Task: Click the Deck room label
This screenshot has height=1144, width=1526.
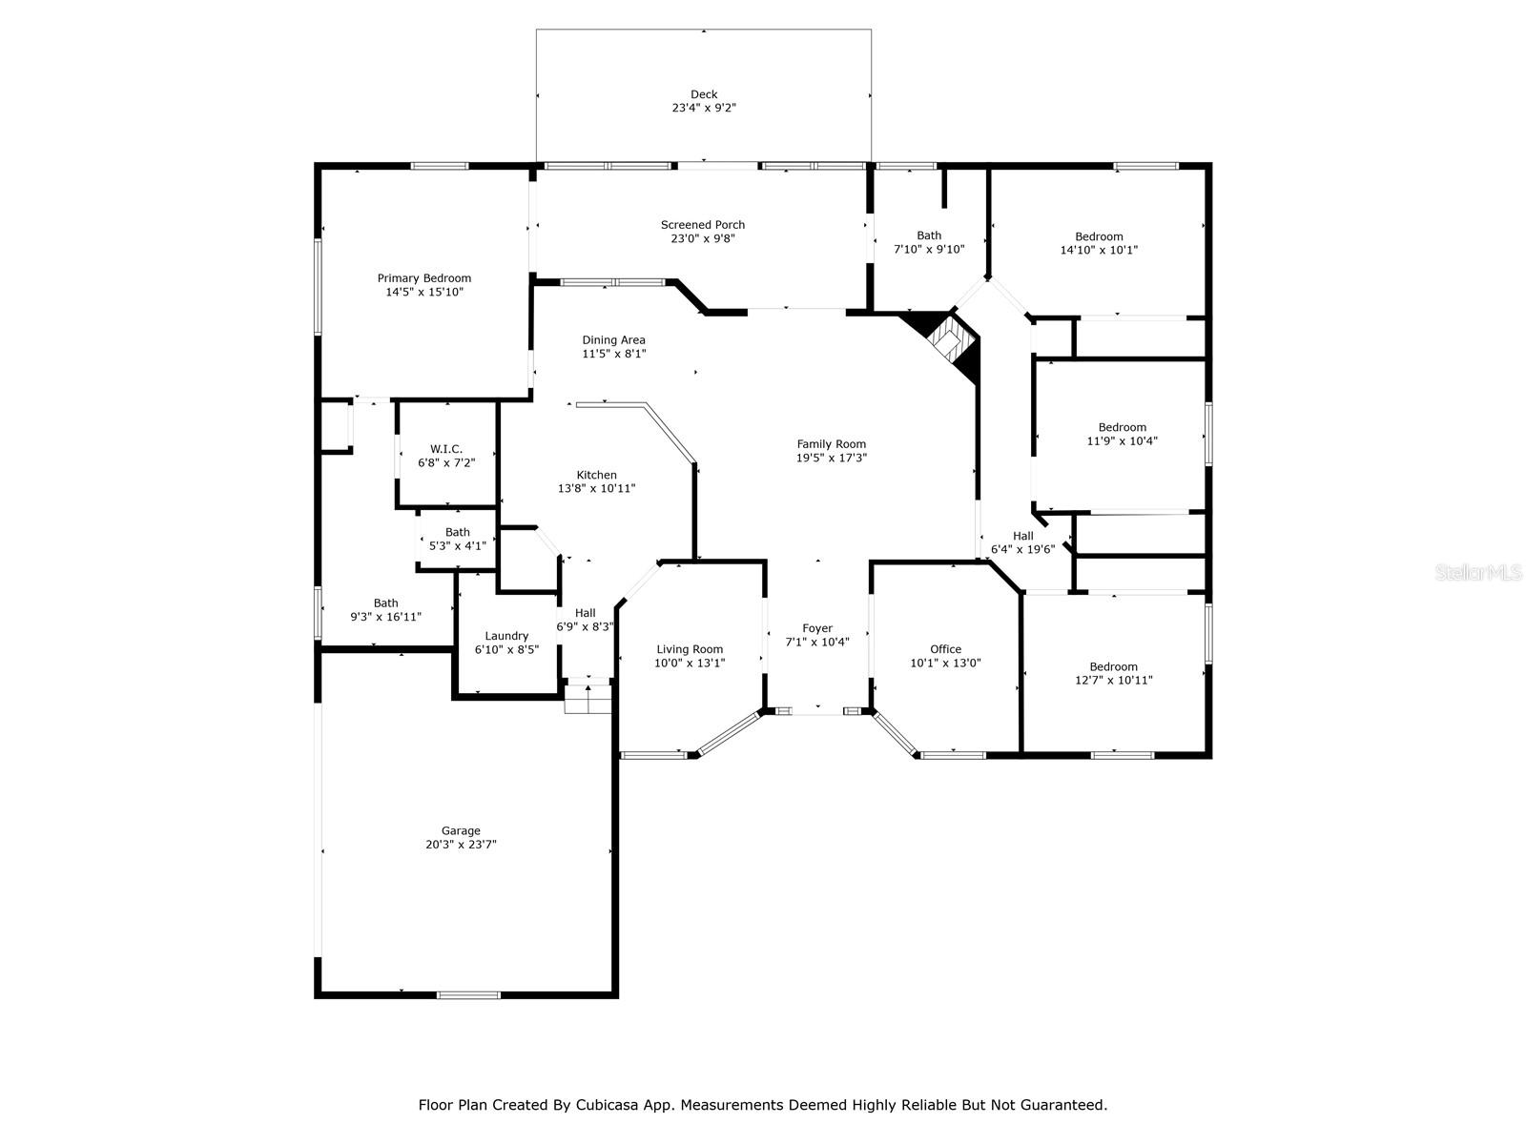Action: tap(704, 94)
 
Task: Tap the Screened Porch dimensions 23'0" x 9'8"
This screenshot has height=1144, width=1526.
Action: tap(703, 238)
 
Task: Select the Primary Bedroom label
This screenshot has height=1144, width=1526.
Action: tap(423, 278)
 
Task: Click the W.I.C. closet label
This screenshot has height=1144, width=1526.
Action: tap(446, 449)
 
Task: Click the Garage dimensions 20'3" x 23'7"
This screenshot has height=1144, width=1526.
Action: tap(461, 845)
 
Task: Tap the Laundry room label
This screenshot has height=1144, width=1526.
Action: tap(506, 636)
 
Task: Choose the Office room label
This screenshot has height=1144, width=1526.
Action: tap(945, 649)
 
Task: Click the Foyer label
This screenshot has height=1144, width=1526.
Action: tap(817, 628)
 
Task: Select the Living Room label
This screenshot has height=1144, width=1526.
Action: tap(690, 649)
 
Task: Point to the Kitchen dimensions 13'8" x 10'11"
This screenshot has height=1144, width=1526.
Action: tap(597, 488)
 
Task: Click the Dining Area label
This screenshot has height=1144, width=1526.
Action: tap(613, 340)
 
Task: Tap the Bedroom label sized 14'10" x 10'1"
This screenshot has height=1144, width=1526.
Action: tap(1099, 236)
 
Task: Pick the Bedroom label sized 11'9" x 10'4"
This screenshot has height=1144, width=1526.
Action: tap(1122, 427)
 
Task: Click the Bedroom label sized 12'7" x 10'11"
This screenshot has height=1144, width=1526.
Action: tap(1114, 666)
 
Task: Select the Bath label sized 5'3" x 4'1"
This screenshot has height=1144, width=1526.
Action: tap(457, 532)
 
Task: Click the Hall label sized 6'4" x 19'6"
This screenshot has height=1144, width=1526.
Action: tap(1023, 536)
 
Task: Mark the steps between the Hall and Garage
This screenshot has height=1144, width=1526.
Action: tap(588, 700)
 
